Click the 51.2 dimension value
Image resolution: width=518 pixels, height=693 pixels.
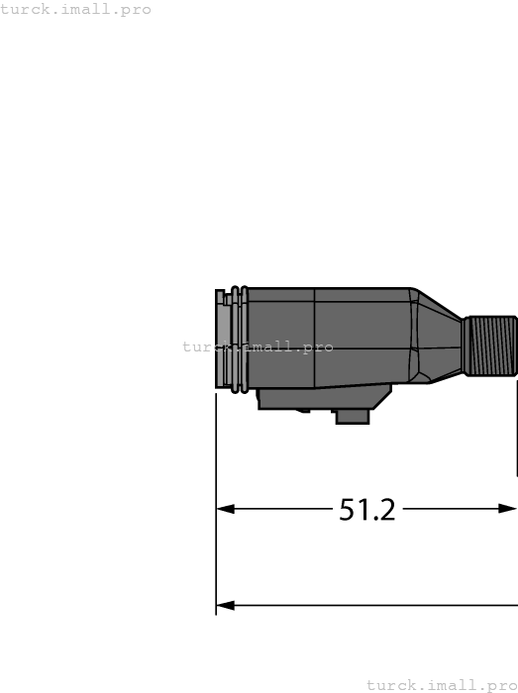click(x=367, y=510)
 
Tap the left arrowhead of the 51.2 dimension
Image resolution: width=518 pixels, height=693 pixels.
click(x=225, y=509)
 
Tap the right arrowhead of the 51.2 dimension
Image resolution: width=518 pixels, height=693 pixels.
click(x=508, y=509)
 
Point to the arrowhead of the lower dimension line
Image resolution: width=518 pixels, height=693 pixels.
click(x=225, y=605)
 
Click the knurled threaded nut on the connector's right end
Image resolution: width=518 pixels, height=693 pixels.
click(x=491, y=346)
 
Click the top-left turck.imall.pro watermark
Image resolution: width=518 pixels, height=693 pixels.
click(x=76, y=10)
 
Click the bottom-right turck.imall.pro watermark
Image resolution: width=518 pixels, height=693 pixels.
click(x=442, y=685)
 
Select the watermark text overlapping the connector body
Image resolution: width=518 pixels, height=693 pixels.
click(x=258, y=347)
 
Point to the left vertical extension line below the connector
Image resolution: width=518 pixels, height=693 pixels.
click(x=216, y=495)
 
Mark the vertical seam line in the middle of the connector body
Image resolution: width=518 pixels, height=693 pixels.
click(x=315, y=337)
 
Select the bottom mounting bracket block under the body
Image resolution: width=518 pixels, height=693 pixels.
click(x=317, y=399)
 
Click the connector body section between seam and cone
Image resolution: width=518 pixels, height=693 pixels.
click(x=362, y=337)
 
